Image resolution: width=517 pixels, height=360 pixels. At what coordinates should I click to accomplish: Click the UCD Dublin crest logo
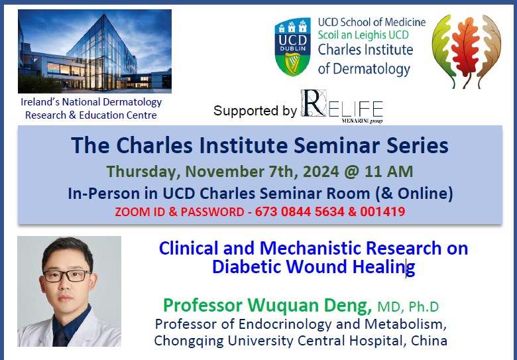coord(292,46)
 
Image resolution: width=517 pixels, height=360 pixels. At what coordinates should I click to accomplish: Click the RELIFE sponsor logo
coord(342,107)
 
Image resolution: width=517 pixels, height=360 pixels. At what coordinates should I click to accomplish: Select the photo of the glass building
coord(95,51)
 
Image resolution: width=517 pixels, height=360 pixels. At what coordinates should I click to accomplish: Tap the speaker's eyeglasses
coord(67,275)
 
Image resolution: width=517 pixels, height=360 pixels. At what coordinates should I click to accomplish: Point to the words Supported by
coord(255,111)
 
